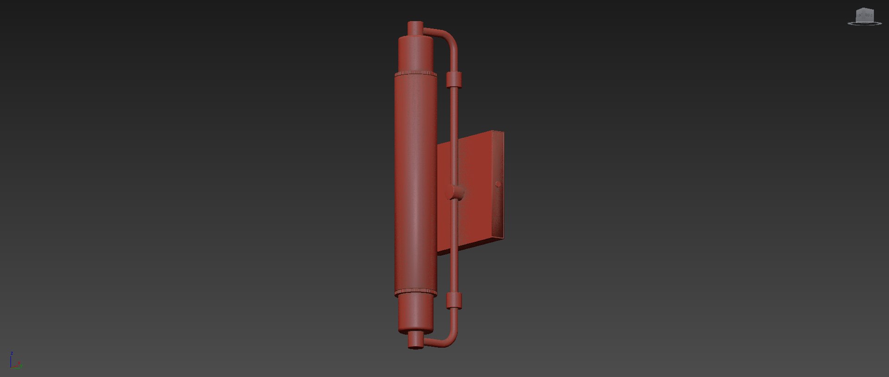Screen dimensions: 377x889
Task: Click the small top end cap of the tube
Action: [x=415, y=28]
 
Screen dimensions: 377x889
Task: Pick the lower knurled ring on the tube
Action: [x=416, y=292]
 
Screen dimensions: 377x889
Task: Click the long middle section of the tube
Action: [x=415, y=185]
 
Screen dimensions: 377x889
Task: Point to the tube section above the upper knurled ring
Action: [x=415, y=53]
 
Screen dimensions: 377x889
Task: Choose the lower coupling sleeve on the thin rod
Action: [x=454, y=301]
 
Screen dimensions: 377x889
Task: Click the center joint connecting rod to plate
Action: [x=455, y=192]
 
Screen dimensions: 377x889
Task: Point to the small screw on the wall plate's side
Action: [x=498, y=184]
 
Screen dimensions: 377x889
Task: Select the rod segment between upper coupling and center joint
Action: [x=454, y=134]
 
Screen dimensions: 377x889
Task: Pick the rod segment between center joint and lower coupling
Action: [x=454, y=245]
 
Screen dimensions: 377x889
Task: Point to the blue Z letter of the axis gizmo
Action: [x=12, y=353]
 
